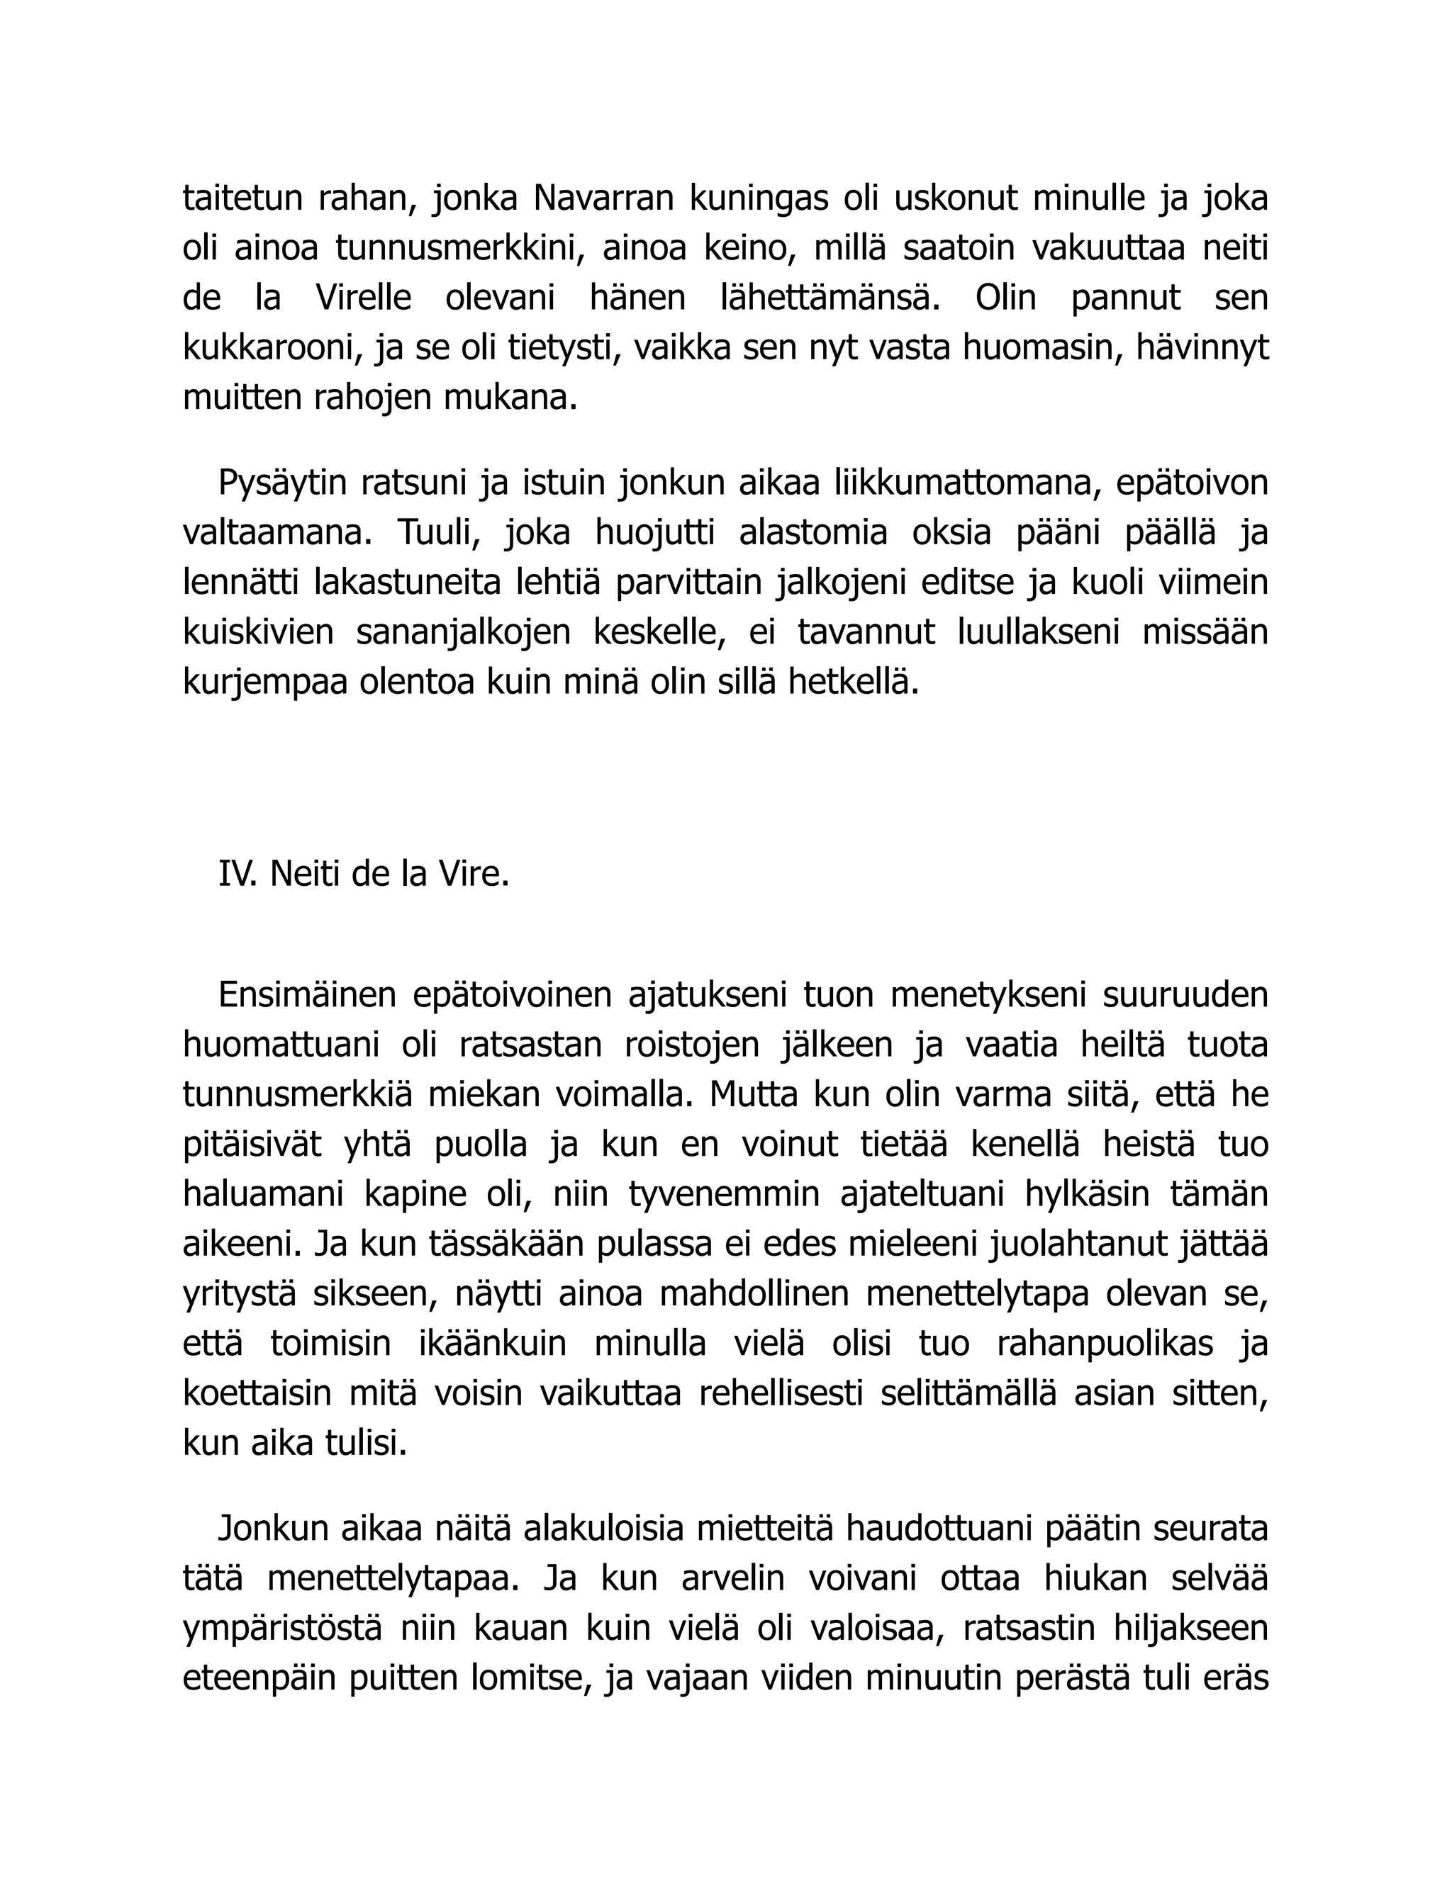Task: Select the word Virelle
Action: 363,298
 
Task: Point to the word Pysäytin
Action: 281,483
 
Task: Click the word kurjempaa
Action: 262,682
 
